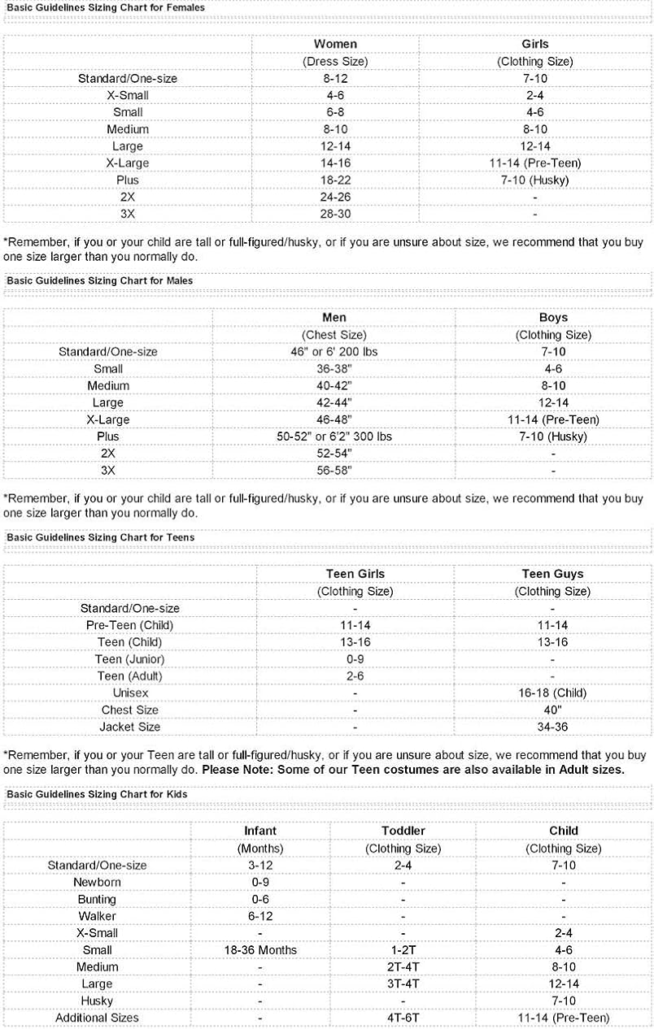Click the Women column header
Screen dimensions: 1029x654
point(335,44)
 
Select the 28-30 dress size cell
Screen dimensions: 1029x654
point(335,214)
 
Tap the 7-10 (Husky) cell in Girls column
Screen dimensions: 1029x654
point(534,180)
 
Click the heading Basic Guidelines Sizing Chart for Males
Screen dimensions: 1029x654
point(99,280)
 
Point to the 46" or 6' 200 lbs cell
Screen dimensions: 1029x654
point(334,352)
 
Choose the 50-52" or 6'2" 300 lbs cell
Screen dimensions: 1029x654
point(334,436)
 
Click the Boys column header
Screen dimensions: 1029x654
point(553,317)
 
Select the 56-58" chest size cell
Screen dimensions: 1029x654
point(334,471)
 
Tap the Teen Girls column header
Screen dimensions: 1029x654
point(355,574)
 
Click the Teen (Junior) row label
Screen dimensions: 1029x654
point(129,659)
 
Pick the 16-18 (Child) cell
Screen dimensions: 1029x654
point(552,693)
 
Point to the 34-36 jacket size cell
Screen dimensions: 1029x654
point(552,727)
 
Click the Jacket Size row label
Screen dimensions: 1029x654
point(129,727)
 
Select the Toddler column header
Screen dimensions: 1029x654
point(403,831)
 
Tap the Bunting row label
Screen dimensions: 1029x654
point(97,899)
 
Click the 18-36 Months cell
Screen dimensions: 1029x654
point(260,950)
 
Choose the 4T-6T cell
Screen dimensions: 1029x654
point(403,1018)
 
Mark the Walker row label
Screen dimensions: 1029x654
point(97,916)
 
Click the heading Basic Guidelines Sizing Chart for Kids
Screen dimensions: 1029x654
point(97,794)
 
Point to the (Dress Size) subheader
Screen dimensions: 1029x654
point(335,61)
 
